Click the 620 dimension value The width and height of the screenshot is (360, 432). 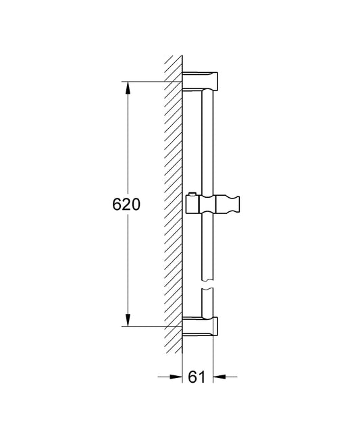pyautogui.click(x=126, y=205)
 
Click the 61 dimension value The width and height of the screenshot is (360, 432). pyautogui.click(x=197, y=377)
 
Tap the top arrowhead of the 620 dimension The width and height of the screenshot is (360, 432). pyautogui.click(x=128, y=88)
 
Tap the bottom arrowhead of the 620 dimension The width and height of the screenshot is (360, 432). pyautogui.click(x=128, y=320)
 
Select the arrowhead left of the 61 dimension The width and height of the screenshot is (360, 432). pyautogui.click(x=176, y=377)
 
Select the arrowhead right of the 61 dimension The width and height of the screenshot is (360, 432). pyautogui.click(x=220, y=377)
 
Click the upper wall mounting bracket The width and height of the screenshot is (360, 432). pyautogui.click(x=200, y=81)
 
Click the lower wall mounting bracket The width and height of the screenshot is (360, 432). pyautogui.click(x=200, y=327)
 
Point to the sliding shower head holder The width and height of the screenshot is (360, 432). pyautogui.click(x=213, y=205)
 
